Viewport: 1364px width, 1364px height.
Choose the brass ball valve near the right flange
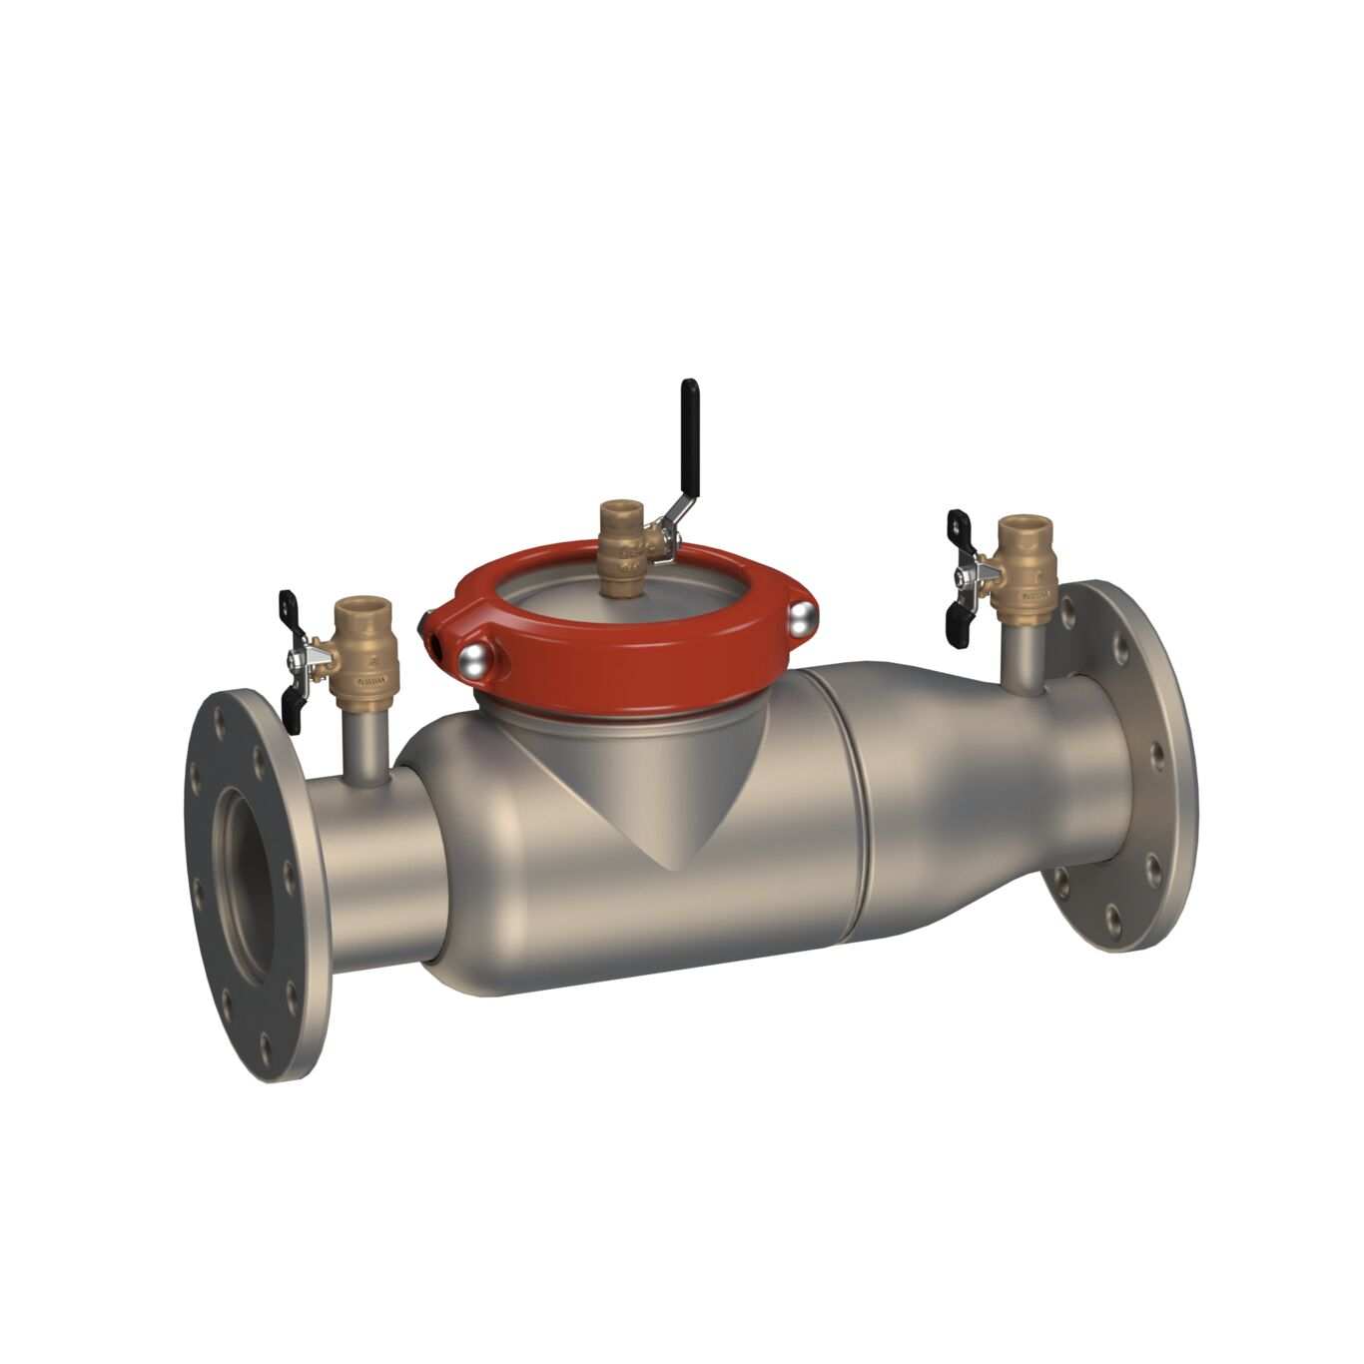pos(1024,570)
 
